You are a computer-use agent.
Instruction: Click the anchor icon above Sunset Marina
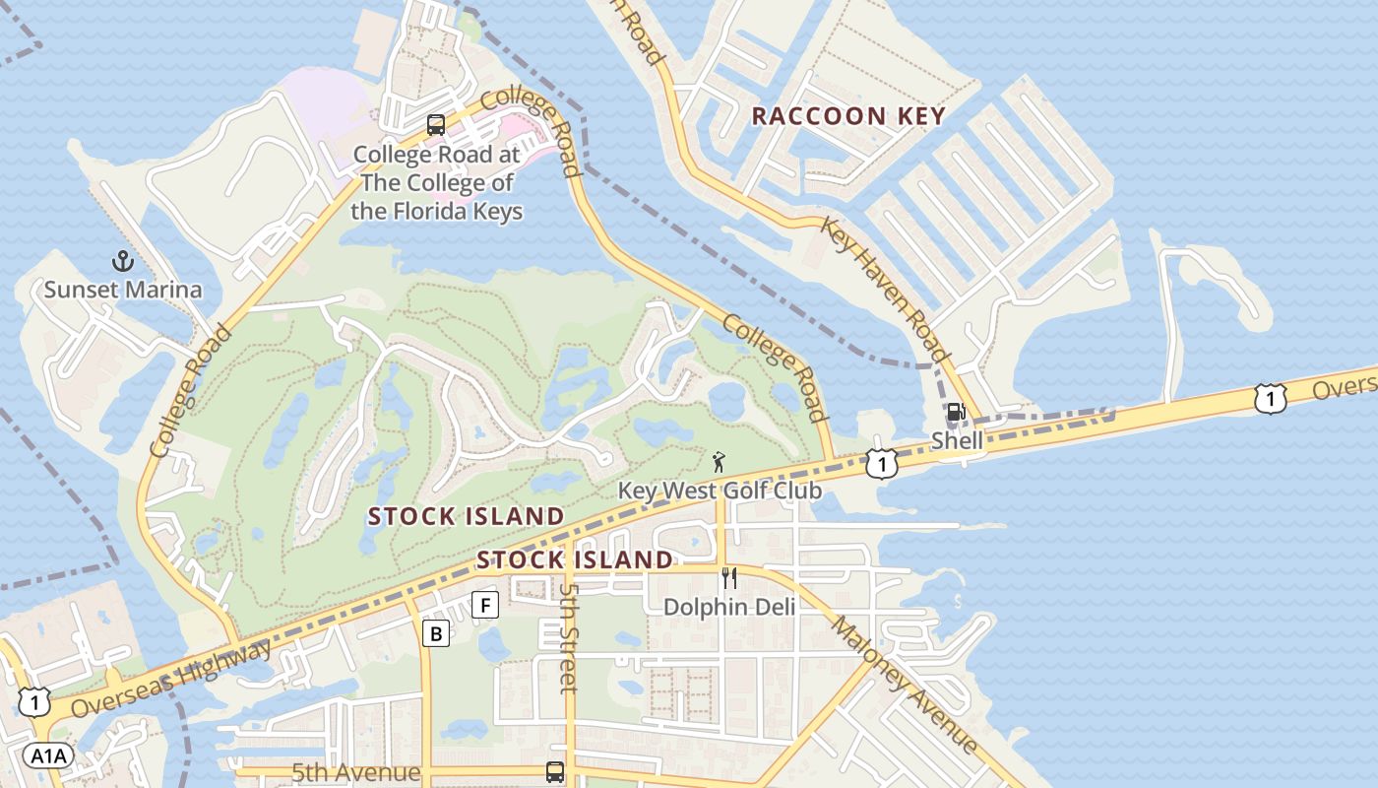[x=123, y=262]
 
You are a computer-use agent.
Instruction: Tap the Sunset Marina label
[x=123, y=290]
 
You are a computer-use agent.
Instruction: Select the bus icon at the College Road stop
[x=436, y=125]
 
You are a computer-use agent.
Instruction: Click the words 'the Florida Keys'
[x=437, y=211]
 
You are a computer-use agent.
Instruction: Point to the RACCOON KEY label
[x=848, y=116]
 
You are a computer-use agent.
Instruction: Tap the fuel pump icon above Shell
[x=956, y=413]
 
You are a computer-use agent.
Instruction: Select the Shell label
[x=957, y=440]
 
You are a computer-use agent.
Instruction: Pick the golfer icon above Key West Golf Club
[x=720, y=462]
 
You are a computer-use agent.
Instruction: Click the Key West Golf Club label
[x=720, y=491]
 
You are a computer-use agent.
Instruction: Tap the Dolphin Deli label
[x=729, y=607]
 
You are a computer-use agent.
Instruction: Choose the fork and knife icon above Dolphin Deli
[x=729, y=578]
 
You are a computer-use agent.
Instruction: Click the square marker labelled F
[x=485, y=605]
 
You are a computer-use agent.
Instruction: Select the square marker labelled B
[x=436, y=633]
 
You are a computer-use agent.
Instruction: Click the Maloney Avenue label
[x=904, y=685]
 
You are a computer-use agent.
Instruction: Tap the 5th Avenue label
[x=356, y=773]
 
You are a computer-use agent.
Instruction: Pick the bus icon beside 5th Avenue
[x=555, y=772]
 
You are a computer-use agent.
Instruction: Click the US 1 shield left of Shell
[x=882, y=463]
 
